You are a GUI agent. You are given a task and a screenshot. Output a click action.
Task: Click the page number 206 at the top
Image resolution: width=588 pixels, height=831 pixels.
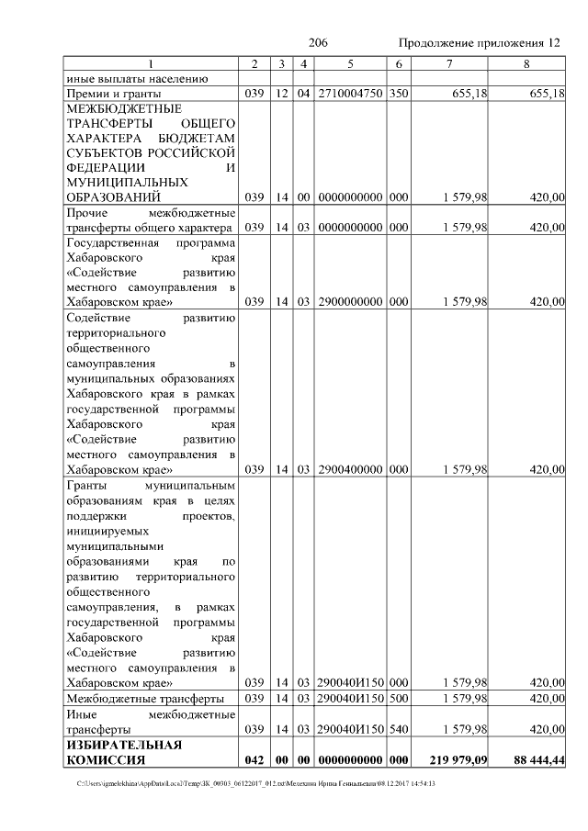(319, 43)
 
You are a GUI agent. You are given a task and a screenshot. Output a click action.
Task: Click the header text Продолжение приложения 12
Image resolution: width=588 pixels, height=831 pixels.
(479, 43)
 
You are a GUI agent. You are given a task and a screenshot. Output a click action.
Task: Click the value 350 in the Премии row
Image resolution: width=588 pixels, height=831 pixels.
(398, 94)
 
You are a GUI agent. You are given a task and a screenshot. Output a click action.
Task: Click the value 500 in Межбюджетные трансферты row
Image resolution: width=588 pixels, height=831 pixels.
(398, 699)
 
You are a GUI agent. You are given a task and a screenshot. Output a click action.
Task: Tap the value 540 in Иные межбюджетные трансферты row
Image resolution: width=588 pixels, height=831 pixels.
(398, 729)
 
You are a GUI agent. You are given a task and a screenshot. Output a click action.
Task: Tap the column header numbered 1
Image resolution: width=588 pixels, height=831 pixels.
(150, 63)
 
